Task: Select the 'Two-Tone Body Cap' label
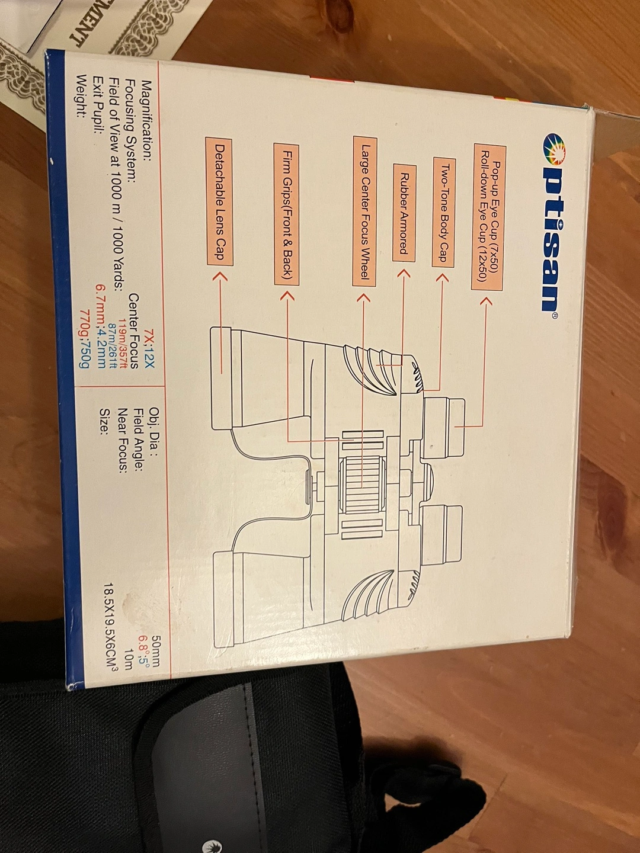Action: tap(443, 212)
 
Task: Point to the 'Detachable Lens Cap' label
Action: tap(219, 201)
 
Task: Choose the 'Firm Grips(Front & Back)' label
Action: tap(286, 214)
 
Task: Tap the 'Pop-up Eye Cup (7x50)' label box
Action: tap(488, 217)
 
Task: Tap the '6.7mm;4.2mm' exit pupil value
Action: tap(100, 325)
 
